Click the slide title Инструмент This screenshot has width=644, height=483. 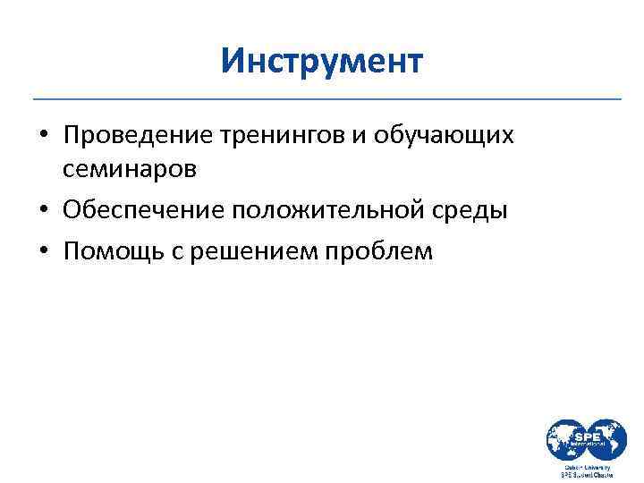tap(322, 63)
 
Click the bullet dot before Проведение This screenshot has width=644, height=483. tap(43, 137)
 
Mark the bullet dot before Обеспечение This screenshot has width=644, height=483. tap(43, 211)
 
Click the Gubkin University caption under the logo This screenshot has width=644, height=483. tap(587, 466)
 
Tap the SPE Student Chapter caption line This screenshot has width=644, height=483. tap(587, 475)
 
